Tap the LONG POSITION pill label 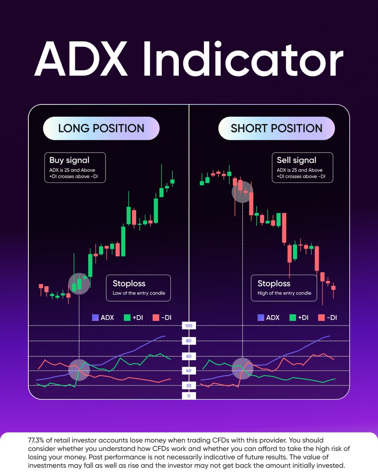(x=101, y=128)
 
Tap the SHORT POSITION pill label (x=276, y=128)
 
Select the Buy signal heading (x=69, y=160)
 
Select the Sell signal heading (x=296, y=160)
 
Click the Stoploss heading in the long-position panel (x=129, y=283)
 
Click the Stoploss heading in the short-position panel (x=274, y=283)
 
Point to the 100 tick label (x=189, y=326)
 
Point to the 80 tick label (x=189, y=341)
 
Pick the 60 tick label (x=189, y=356)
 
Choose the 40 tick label (x=189, y=371)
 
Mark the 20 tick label (x=189, y=385)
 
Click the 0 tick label (x=189, y=396)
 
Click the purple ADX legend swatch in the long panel (x=95, y=317)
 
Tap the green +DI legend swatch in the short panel (x=293, y=317)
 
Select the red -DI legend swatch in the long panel (x=155, y=317)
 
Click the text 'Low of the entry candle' (x=139, y=293)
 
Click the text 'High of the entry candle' (x=284, y=293)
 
